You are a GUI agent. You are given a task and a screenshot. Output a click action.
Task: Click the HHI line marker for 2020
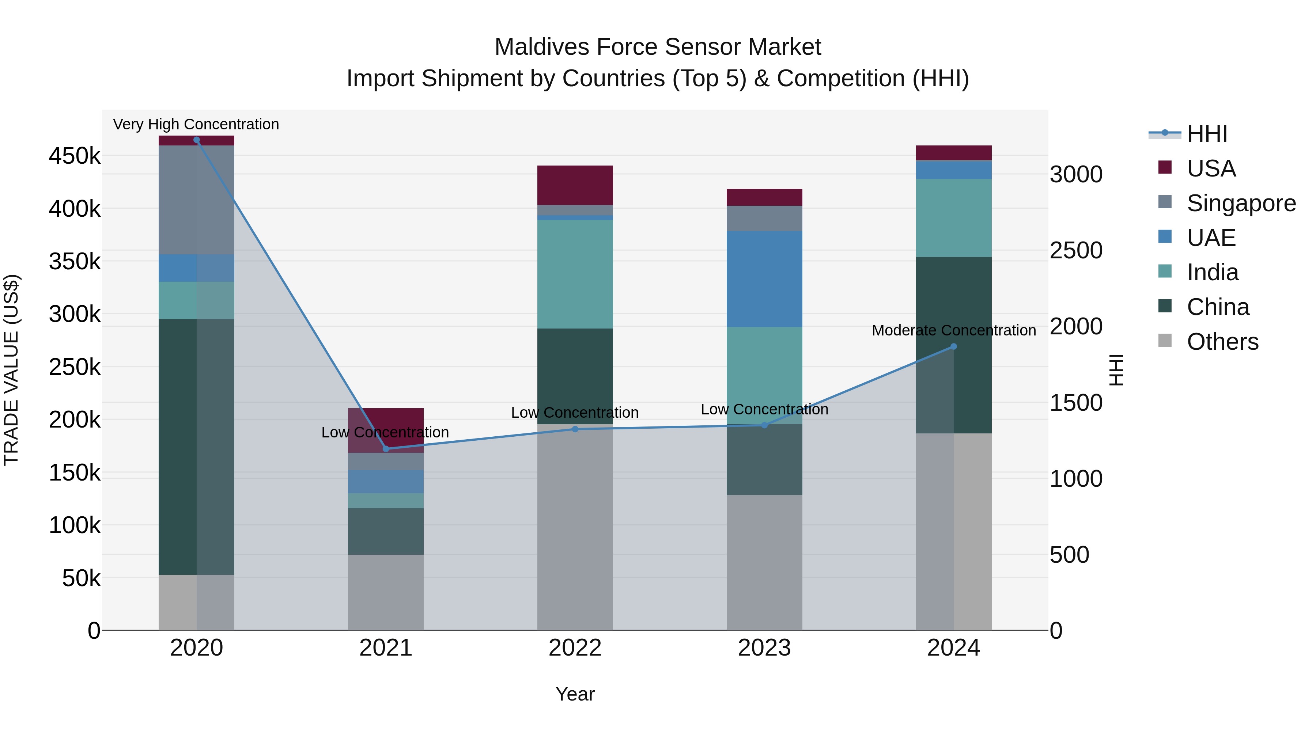(x=197, y=140)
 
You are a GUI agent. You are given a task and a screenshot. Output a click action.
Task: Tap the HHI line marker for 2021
(x=386, y=449)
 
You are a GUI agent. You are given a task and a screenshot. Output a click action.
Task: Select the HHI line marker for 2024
(x=953, y=346)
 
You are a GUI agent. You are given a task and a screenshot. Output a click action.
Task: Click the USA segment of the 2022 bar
(x=575, y=185)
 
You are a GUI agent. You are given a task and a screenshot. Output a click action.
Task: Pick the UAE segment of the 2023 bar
(x=764, y=279)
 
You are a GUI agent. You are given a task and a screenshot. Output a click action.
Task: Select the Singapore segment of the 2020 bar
(x=197, y=200)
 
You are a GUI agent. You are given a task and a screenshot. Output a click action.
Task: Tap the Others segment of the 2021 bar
(x=386, y=592)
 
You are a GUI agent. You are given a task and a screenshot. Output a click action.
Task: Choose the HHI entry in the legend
(x=1206, y=134)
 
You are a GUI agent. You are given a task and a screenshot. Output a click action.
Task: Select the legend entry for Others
(x=1222, y=342)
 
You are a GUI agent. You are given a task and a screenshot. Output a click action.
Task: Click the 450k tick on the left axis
(x=75, y=156)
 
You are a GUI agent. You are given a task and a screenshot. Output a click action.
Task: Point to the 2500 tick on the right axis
(x=1076, y=250)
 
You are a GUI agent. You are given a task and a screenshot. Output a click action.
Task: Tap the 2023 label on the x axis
(x=764, y=648)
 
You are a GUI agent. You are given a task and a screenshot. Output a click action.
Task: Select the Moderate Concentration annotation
(x=953, y=330)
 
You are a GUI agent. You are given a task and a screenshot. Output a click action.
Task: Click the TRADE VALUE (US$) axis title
(x=11, y=370)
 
